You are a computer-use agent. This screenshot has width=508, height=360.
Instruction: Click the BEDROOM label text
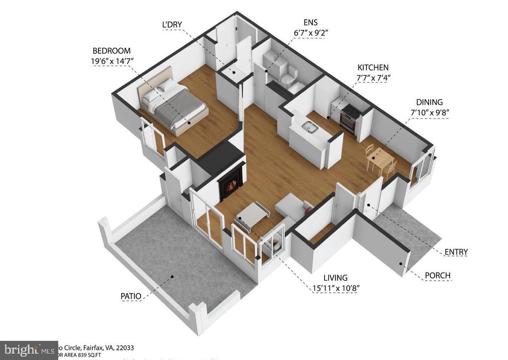point(112,51)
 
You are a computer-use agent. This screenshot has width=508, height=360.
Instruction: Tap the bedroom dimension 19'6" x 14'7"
point(112,61)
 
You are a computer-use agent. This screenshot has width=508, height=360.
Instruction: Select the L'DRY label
point(172,25)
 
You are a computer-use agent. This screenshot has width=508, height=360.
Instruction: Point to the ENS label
point(310,23)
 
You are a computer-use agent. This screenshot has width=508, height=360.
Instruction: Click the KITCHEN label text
point(373,68)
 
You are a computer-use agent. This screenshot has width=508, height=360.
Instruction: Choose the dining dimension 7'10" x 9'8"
point(429,112)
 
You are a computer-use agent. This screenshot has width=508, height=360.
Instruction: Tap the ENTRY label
point(456,252)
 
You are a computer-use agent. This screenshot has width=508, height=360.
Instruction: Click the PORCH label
point(437,275)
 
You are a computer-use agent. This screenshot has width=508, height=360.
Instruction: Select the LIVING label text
point(335,278)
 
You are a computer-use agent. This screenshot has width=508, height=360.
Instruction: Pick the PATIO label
point(131,296)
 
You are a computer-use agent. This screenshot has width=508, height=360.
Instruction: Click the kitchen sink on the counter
point(310,127)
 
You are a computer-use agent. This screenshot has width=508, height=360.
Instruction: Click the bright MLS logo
point(28,350)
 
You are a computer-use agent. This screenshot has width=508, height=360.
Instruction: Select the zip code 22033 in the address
point(126,348)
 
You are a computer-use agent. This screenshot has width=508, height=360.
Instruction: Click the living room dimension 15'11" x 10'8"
point(336,289)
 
